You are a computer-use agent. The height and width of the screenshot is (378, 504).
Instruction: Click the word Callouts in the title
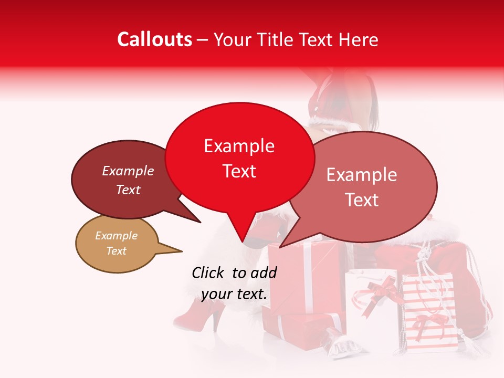pos(154,39)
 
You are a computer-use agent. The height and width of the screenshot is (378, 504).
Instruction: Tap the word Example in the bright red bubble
pos(239,146)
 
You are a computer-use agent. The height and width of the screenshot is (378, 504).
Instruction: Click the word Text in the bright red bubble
pos(239,171)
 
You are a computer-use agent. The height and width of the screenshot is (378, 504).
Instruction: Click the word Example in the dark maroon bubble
pos(128,171)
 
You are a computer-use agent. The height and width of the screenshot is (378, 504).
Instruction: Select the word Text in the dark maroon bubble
pos(128,190)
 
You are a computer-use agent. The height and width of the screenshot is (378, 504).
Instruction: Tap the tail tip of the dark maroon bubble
pos(200,222)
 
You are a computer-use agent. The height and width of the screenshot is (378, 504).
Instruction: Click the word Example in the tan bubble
pos(116,236)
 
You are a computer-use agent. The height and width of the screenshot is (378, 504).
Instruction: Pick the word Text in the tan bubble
pos(116,251)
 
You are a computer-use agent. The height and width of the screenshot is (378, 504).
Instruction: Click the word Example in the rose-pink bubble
pos(361,175)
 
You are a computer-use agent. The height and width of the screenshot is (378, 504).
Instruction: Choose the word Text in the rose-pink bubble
pos(361,200)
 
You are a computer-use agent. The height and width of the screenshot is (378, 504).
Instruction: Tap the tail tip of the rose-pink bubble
pos(280,247)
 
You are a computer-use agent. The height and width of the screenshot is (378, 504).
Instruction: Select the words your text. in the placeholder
pos(234,294)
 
